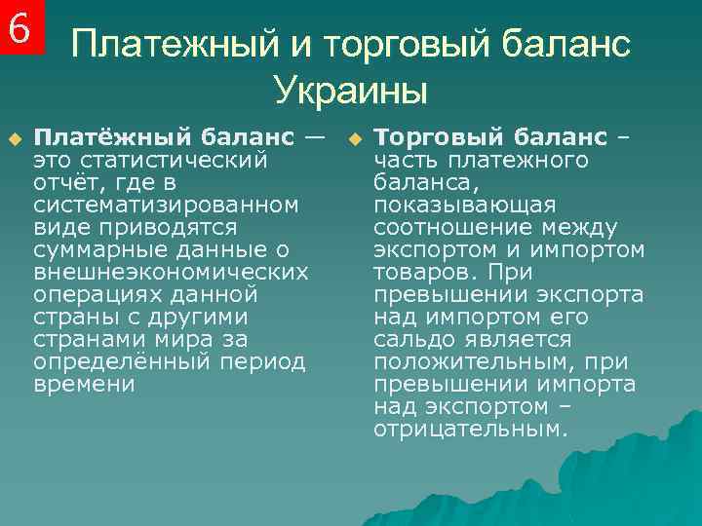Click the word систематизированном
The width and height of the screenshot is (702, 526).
[x=166, y=205]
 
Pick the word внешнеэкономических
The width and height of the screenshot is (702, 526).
[x=171, y=272]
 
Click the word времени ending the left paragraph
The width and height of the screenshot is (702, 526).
[x=84, y=384]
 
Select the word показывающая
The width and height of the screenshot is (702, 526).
[x=464, y=205]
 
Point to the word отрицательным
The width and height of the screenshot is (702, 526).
[x=468, y=429]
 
